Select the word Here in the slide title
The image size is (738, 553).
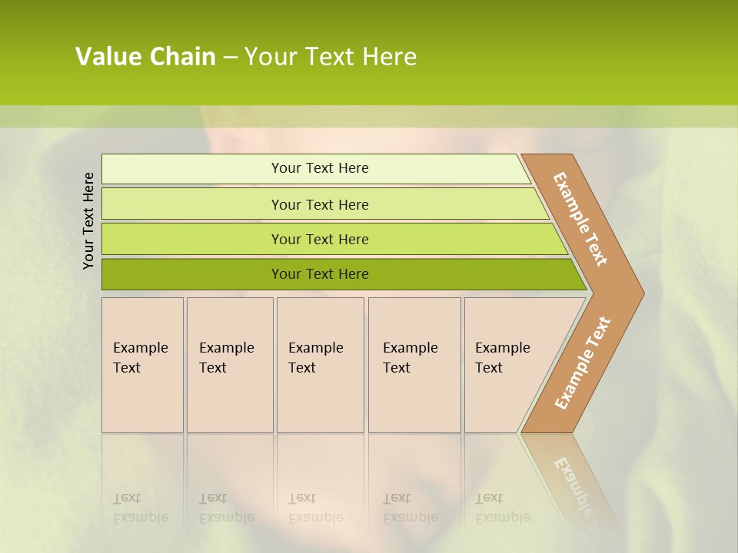[388, 57]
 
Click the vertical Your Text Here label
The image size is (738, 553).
[88, 221]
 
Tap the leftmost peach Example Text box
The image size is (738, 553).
[142, 365]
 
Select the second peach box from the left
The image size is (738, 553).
[230, 365]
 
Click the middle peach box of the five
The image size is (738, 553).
[320, 365]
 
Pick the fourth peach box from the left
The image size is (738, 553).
[414, 365]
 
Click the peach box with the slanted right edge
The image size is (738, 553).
[504, 365]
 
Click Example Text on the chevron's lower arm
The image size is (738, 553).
[583, 363]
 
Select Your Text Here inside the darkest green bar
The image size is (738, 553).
[320, 274]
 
